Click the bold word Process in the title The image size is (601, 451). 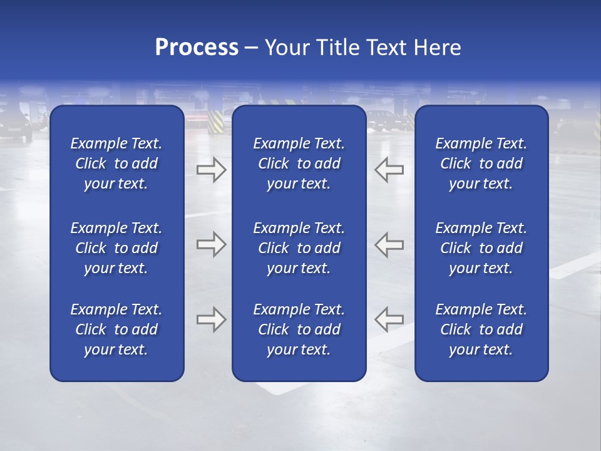[x=197, y=48]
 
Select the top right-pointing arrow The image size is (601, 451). [x=211, y=170]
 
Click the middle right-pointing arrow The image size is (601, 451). [x=211, y=244]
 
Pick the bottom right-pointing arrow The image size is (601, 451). [x=211, y=319]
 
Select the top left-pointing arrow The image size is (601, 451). [x=389, y=170]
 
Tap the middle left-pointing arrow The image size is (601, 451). [x=389, y=244]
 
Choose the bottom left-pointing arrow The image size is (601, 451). [x=389, y=319]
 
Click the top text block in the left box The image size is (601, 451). [x=116, y=163]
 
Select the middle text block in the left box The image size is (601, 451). [x=116, y=248]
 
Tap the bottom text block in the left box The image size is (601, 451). [x=116, y=329]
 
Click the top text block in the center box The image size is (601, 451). [x=299, y=163]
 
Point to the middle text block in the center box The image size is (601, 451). [x=299, y=248]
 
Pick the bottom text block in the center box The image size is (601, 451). [x=299, y=329]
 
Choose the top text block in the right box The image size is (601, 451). [x=481, y=163]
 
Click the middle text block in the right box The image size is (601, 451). [x=481, y=248]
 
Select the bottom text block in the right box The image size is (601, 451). [x=481, y=329]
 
